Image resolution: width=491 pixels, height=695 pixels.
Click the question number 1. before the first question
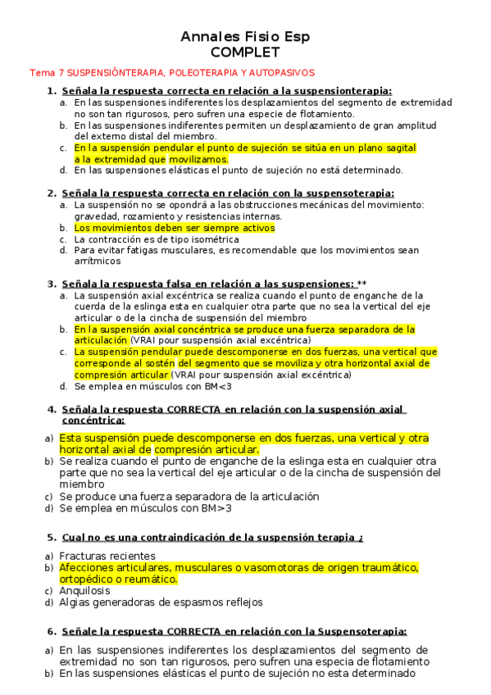[52, 91]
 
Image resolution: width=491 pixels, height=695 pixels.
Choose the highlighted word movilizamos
[199, 159]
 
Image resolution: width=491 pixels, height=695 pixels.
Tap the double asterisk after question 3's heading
[362, 284]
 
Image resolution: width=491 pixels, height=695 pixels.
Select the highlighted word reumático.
[152, 579]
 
